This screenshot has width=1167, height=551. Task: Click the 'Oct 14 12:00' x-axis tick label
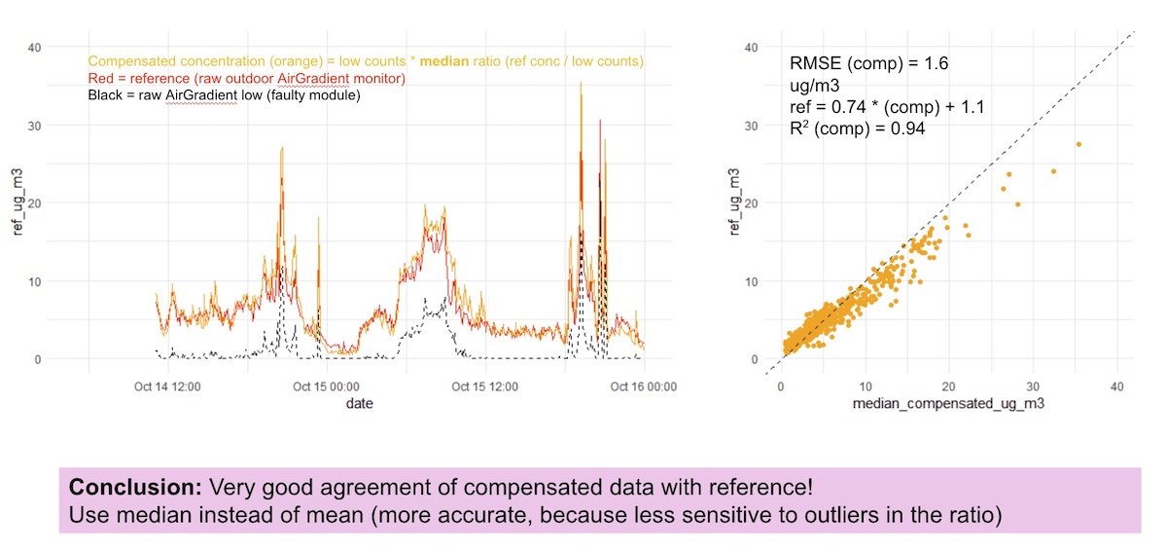click(x=168, y=386)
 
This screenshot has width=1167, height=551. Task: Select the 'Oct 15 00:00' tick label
click(x=325, y=386)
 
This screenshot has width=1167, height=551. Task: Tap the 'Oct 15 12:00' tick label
click(x=483, y=386)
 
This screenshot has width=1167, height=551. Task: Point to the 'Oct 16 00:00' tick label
click(x=644, y=386)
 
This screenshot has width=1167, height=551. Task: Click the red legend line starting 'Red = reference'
click(x=246, y=78)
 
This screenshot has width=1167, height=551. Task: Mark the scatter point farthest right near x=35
click(x=1079, y=144)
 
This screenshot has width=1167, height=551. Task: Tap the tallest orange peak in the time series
click(x=581, y=84)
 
